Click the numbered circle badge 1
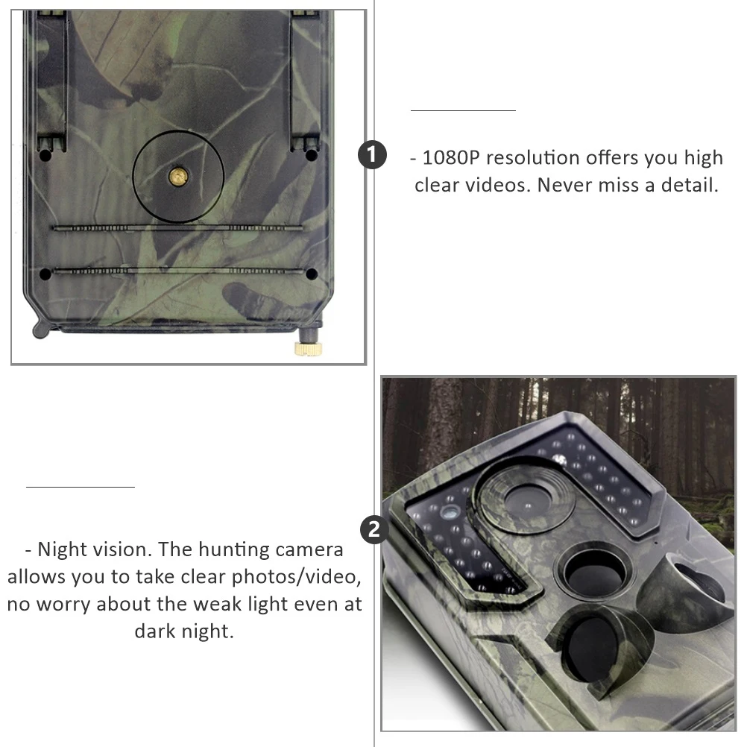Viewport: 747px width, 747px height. click(x=373, y=155)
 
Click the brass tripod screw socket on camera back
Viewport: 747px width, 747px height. click(x=178, y=175)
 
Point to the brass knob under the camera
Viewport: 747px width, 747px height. click(x=306, y=348)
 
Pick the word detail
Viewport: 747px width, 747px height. click(x=689, y=185)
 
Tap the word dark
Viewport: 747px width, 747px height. click(x=156, y=631)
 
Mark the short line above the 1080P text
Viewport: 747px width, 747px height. click(x=463, y=110)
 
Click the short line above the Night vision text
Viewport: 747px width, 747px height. click(x=81, y=487)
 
